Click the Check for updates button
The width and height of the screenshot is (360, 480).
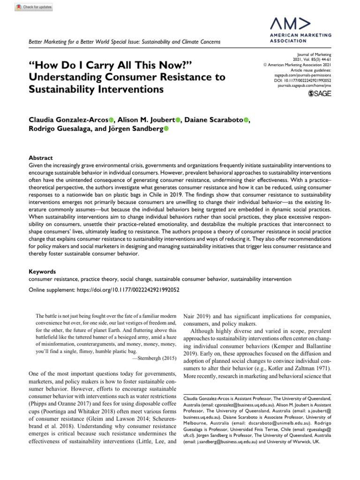28,7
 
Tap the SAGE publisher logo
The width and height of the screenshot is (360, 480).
319,94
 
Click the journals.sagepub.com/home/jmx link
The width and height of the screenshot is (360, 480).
306,86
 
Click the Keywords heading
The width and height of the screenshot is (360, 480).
43,271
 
